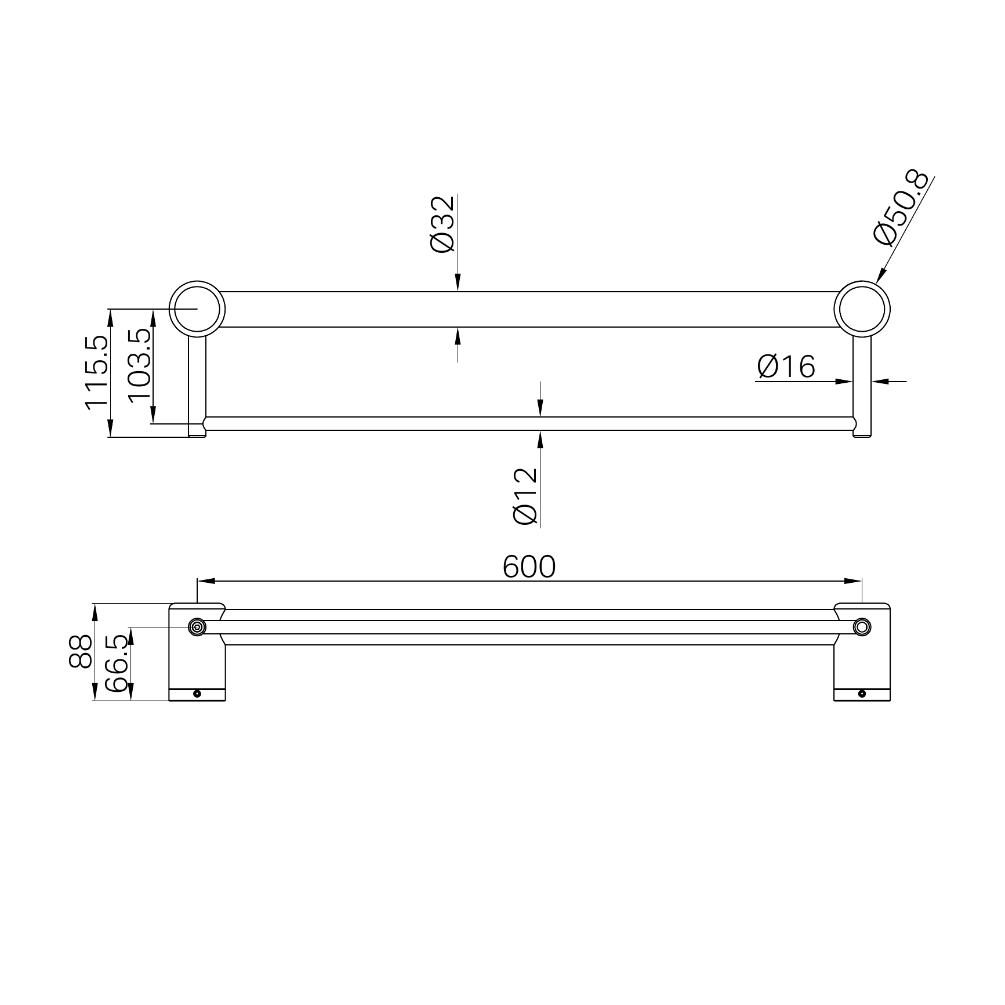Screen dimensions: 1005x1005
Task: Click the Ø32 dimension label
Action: point(442,224)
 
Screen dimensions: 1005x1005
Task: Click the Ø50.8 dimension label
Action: point(902,209)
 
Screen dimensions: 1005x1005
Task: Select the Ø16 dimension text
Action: point(786,367)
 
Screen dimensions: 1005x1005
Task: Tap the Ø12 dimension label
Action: point(526,496)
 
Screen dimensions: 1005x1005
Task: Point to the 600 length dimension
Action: point(528,567)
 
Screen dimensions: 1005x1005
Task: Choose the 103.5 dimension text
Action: point(139,365)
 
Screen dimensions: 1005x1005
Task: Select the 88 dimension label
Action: point(81,651)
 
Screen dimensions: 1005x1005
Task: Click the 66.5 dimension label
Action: point(118,662)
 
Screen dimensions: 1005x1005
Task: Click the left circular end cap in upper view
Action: point(197,309)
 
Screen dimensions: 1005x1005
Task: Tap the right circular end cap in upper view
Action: point(862,309)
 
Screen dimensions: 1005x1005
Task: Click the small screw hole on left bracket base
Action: point(197,693)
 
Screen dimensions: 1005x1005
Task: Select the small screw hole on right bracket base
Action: point(862,693)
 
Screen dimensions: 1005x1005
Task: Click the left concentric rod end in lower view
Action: point(197,627)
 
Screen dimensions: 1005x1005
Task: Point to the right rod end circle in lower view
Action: point(862,626)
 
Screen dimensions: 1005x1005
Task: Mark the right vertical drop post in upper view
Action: point(862,383)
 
